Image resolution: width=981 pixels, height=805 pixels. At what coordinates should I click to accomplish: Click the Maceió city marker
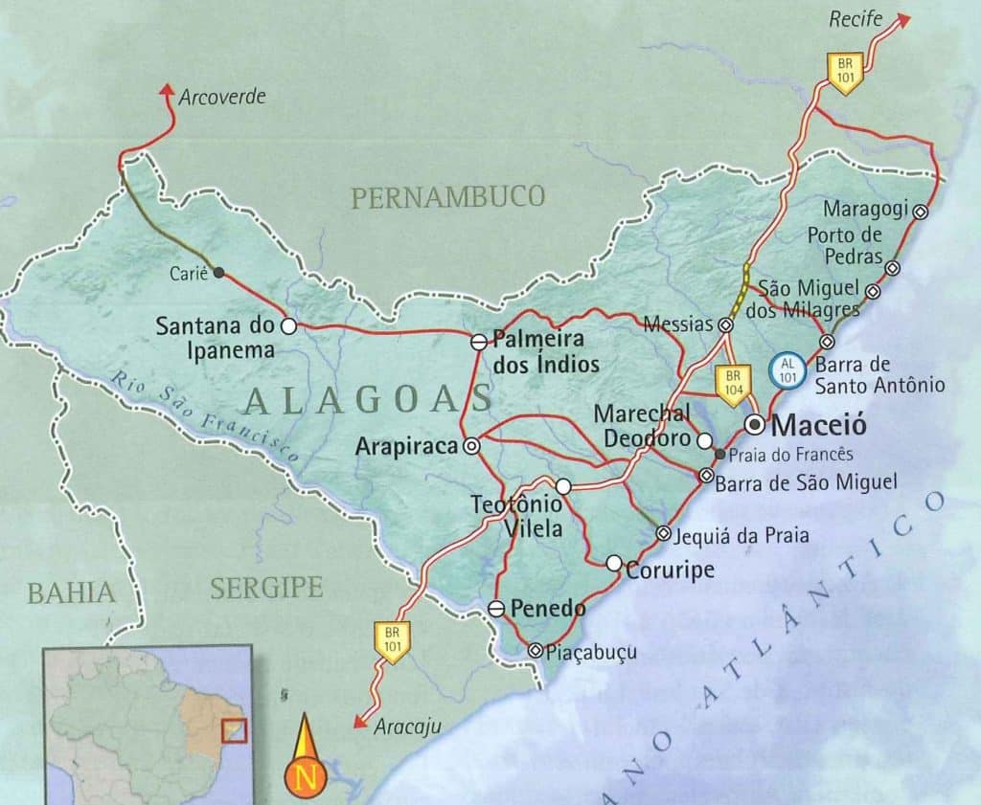[x=756, y=423]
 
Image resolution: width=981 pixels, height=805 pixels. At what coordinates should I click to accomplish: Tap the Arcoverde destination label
[x=222, y=97]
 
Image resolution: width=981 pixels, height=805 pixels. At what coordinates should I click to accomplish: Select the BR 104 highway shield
[x=732, y=386]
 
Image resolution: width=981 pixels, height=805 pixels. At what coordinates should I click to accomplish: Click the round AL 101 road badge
[x=787, y=369]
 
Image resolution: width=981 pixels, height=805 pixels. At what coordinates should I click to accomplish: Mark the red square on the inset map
[x=235, y=730]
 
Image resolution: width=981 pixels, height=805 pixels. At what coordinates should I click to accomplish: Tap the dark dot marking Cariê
[x=219, y=273]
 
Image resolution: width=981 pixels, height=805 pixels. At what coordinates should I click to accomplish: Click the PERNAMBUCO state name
[x=447, y=197]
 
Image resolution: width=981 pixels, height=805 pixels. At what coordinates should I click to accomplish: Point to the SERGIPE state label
[x=266, y=587]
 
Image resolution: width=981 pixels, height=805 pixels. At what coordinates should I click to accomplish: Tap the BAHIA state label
[x=71, y=593]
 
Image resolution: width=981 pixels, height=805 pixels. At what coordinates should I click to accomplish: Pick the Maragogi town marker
[x=921, y=212]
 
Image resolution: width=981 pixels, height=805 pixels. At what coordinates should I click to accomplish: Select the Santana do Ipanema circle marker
[x=287, y=325]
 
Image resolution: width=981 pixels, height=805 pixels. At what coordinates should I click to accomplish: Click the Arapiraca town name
[x=406, y=446]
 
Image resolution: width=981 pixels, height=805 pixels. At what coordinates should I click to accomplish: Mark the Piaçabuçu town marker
[x=535, y=650]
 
